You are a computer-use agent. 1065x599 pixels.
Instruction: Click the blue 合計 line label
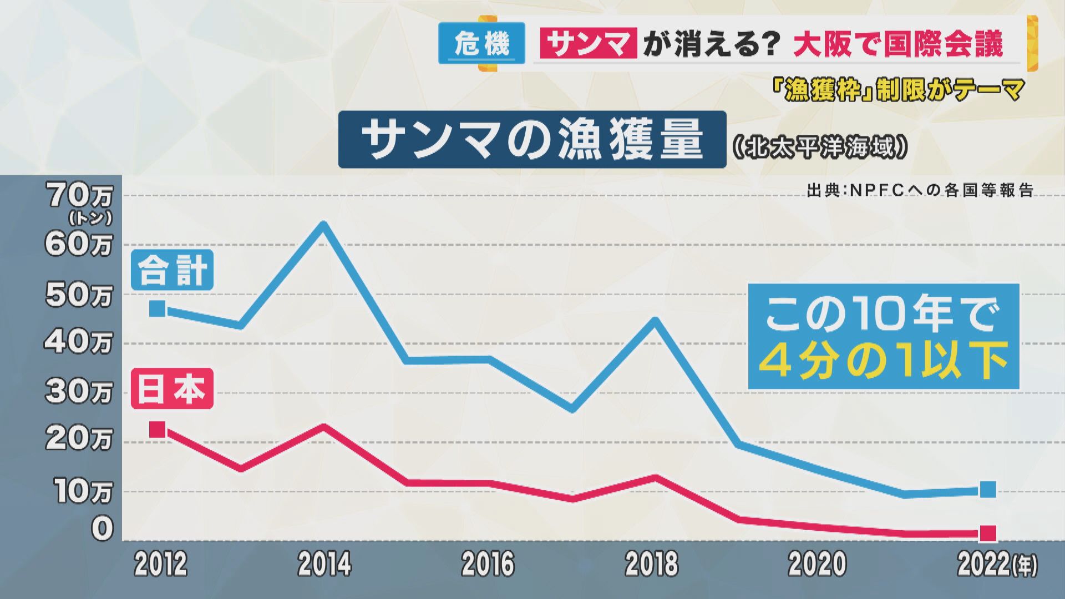(x=172, y=270)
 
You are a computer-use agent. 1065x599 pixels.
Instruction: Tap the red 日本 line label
(x=172, y=389)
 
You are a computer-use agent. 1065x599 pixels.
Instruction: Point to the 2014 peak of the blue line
(x=323, y=225)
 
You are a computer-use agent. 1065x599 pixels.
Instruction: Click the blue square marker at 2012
(x=158, y=308)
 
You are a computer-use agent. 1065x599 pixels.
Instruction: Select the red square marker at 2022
(x=988, y=534)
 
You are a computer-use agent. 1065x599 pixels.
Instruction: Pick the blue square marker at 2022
(x=988, y=490)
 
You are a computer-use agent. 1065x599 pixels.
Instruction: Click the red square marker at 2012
(x=158, y=429)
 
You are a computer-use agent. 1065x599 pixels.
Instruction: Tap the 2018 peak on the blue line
(x=655, y=321)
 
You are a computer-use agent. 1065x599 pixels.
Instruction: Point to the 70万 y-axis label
(x=79, y=196)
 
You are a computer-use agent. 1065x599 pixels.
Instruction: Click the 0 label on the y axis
(x=102, y=529)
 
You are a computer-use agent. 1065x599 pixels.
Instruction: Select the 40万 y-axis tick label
(x=78, y=343)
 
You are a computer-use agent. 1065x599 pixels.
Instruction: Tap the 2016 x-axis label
(x=488, y=564)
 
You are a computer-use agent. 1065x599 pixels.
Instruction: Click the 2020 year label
(x=817, y=564)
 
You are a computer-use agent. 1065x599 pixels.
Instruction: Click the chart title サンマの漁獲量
(x=532, y=139)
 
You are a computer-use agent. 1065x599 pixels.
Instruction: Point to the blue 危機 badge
(x=481, y=43)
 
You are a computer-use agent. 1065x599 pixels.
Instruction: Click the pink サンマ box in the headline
(x=588, y=43)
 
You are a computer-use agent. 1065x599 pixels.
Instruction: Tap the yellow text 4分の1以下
(x=883, y=362)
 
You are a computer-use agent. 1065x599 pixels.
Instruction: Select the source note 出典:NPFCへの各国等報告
(x=920, y=191)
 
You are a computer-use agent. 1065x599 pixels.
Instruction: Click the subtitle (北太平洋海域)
(x=820, y=148)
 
